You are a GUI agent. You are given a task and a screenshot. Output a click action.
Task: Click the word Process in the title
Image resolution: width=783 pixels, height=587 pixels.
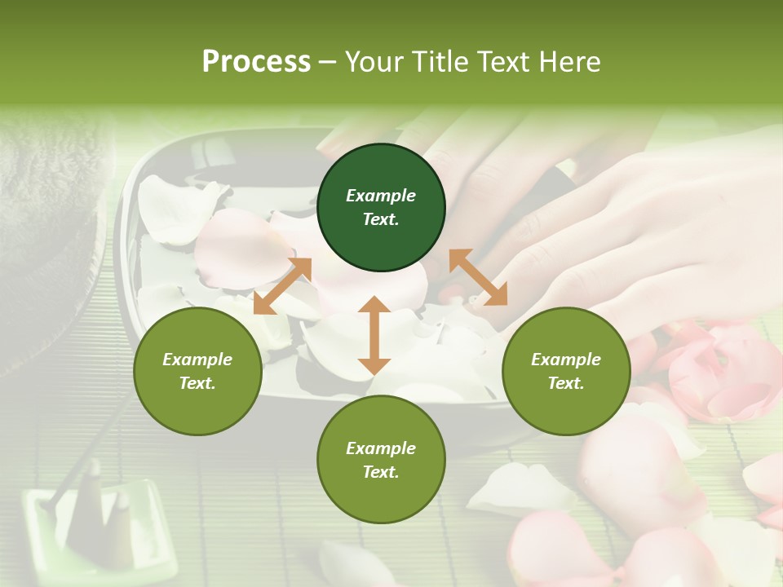tap(256, 62)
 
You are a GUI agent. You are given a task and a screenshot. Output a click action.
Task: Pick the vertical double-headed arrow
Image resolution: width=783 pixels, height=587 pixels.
tap(374, 335)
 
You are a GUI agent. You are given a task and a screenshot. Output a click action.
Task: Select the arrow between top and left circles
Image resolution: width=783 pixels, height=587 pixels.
tap(283, 285)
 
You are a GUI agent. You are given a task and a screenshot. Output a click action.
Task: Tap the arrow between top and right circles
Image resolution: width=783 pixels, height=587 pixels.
tap(478, 277)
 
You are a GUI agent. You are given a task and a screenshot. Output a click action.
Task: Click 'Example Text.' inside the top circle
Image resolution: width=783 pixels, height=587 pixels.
tap(381, 207)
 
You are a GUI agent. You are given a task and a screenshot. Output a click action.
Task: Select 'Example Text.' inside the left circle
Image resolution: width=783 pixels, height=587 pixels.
tap(197, 371)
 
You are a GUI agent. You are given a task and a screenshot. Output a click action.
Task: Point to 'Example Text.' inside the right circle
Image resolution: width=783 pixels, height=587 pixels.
tap(566, 371)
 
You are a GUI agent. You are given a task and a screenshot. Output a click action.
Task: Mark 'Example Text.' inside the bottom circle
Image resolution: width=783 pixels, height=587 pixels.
tap(381, 460)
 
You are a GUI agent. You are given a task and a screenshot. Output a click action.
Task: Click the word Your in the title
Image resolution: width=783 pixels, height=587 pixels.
tap(375, 62)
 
